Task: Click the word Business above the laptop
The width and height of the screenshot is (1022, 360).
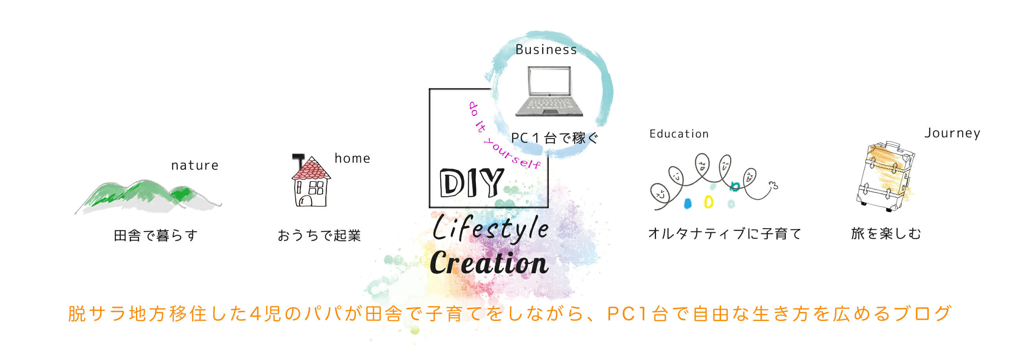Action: (546, 50)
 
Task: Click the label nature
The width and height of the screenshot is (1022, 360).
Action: (194, 165)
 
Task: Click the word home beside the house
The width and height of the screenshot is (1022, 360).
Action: (352, 158)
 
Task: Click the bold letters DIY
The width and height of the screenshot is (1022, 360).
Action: (471, 183)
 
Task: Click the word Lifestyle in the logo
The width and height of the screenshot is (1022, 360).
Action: (490, 229)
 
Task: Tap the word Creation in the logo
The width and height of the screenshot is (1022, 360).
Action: (489, 263)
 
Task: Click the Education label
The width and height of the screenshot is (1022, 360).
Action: (679, 134)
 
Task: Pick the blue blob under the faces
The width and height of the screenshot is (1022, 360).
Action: (688, 204)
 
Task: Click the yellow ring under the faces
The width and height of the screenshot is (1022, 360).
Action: (708, 202)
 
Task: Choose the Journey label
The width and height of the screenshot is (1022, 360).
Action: (952, 133)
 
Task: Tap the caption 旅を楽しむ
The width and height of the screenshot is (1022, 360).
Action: (886, 234)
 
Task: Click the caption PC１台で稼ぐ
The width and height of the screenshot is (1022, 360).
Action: (554, 138)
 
